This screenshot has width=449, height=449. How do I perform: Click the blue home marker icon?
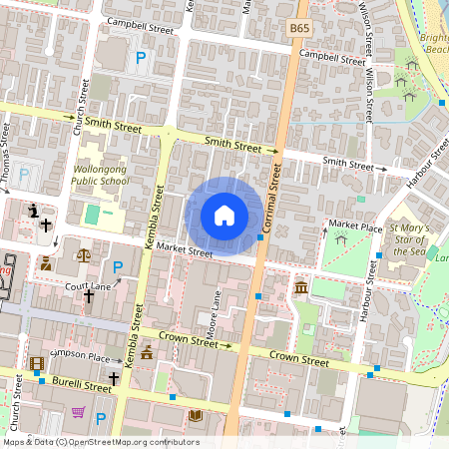coord(224,216)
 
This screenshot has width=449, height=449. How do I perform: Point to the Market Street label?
coord(185,249)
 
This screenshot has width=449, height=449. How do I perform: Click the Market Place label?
coord(355,227)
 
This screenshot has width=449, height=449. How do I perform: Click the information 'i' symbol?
coord(36,211)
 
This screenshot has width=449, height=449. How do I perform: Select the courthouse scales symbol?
coord(82,255)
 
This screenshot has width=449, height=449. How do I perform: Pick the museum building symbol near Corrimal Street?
coord(301,288)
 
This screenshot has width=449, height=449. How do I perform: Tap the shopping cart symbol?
coord(78,411)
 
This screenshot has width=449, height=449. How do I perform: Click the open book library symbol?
coord(196,414)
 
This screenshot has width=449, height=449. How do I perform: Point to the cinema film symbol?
coord(37,364)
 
